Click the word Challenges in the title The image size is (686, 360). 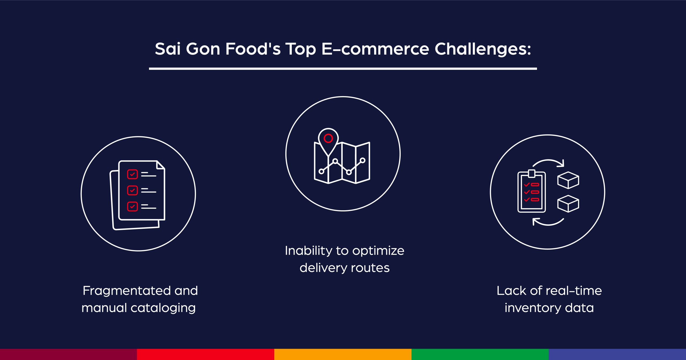(482, 49)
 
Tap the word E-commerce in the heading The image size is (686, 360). (375, 49)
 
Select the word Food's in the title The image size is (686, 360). (253, 49)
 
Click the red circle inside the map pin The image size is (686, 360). (328, 138)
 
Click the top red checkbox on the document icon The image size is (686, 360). (132, 174)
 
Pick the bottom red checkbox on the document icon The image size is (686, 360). (132, 206)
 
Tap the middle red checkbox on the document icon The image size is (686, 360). (132, 190)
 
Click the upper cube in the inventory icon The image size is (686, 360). (568, 180)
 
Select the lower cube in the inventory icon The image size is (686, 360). (568, 204)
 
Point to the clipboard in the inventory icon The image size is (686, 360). (532, 192)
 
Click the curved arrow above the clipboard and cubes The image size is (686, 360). (549, 162)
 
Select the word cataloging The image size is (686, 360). (163, 308)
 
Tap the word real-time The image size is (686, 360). (574, 291)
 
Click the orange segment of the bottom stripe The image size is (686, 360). (343, 354)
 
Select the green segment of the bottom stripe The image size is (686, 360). (480, 354)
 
